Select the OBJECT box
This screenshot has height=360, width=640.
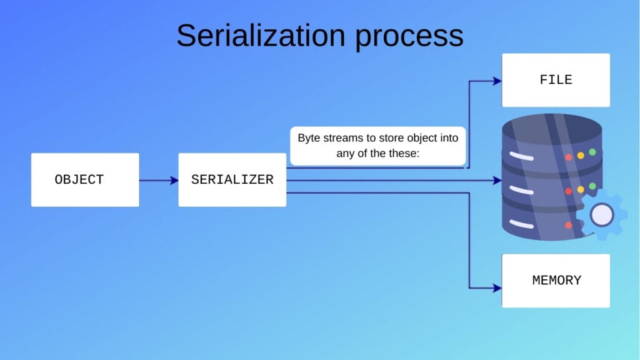[85, 180]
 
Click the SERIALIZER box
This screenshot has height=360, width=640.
[232, 180]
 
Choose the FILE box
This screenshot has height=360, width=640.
[556, 80]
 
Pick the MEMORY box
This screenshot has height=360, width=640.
[556, 281]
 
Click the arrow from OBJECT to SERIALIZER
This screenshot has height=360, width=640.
[159, 181]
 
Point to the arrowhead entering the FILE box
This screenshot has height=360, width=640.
[497, 81]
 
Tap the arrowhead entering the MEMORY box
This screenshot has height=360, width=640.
[497, 288]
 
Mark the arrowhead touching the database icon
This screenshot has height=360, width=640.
[497, 181]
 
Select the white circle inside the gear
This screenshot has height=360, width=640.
[601, 215]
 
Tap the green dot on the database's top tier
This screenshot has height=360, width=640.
[592, 152]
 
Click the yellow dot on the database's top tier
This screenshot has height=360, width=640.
[581, 154]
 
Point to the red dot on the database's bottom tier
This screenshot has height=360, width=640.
[568, 225]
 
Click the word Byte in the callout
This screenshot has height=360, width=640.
[309, 137]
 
